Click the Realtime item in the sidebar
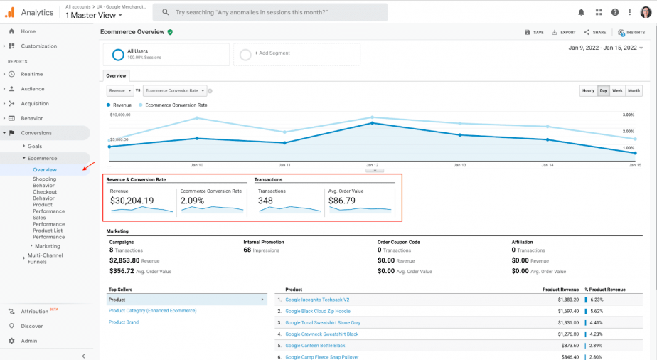(32, 74)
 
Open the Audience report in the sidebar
(33, 89)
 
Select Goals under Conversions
(35, 146)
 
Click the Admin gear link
(29, 341)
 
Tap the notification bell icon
(582, 12)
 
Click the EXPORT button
(564, 32)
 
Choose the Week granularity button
(617, 91)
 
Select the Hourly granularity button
(588, 91)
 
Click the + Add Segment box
(298, 53)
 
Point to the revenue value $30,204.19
(132, 201)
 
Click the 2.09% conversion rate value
(192, 201)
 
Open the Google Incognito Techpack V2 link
(317, 300)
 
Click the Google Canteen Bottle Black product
(315, 345)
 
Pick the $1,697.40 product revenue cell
(558, 311)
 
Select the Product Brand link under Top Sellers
(124, 322)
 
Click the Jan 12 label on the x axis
(372, 165)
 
